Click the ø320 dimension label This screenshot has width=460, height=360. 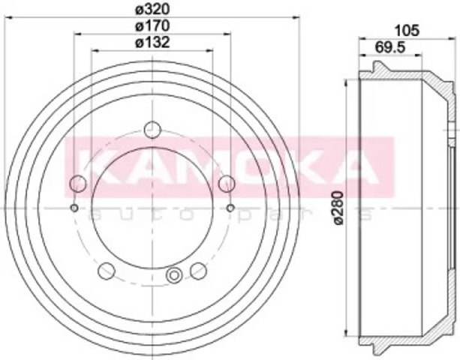pyautogui.click(x=152, y=10)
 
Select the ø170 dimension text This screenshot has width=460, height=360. pyautogui.click(x=152, y=25)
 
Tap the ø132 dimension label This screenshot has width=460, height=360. pyautogui.click(x=152, y=42)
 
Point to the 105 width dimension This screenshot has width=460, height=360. pyautogui.click(x=407, y=31)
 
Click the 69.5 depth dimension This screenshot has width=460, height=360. pyautogui.click(x=390, y=47)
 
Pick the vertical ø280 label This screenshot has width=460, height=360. pyautogui.click(x=338, y=208)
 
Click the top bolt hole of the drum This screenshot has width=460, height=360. pyautogui.click(x=152, y=130)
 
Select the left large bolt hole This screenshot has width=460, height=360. pyautogui.click(x=78, y=184)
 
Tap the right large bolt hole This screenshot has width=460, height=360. pyautogui.click(x=227, y=184)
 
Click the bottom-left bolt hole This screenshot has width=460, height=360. pyautogui.click(x=107, y=271)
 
